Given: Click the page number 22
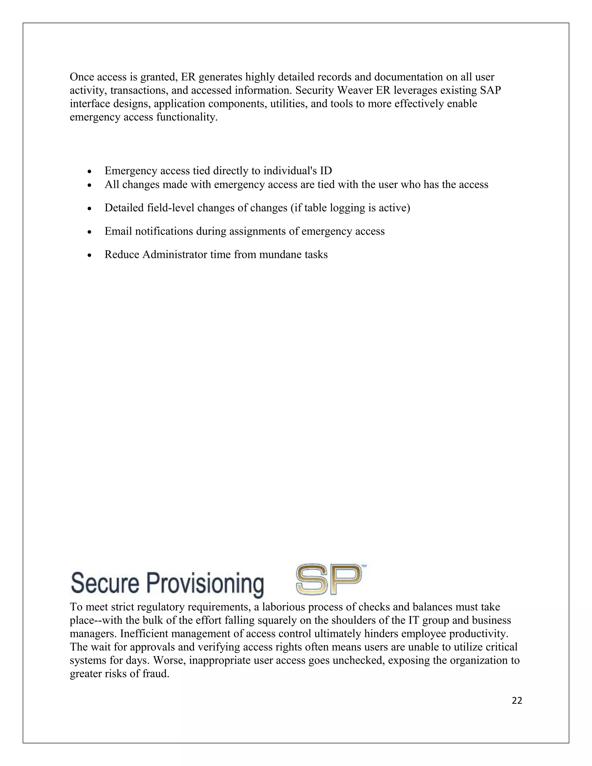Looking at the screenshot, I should tap(517, 700).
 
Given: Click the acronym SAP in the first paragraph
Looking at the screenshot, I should tap(490, 90).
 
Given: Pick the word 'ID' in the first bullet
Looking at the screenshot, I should tap(326, 171).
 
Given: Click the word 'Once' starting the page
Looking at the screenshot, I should tap(81, 77).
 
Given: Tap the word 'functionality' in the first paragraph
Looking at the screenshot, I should tap(186, 117).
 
